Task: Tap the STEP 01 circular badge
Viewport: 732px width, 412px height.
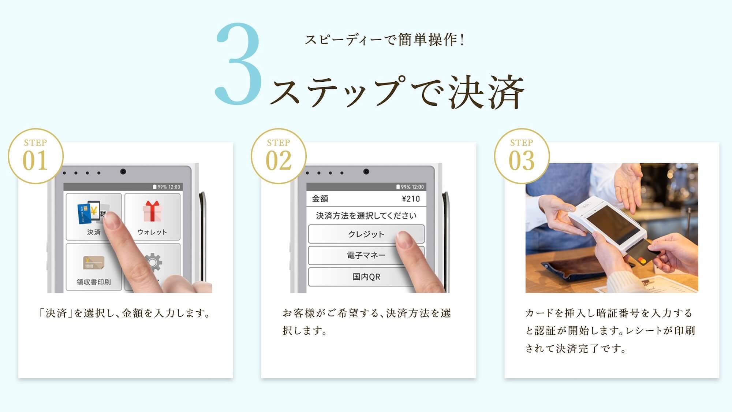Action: pos(36,156)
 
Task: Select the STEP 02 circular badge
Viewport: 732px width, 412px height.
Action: pos(279,156)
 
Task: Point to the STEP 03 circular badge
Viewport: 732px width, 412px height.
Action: pos(522,156)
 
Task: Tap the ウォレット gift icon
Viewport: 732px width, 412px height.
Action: pos(152,211)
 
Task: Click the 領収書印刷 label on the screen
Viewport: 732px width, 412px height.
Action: pos(93,282)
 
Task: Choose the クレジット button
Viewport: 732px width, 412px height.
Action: pos(366,234)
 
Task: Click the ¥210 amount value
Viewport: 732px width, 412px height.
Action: pos(411,199)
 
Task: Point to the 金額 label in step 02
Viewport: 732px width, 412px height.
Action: pos(320,199)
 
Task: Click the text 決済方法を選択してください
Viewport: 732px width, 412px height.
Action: pos(366,216)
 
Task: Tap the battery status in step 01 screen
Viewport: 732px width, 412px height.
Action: pos(167,187)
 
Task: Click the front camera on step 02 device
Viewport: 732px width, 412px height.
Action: pos(366,171)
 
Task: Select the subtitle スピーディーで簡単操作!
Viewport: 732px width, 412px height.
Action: pos(385,40)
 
